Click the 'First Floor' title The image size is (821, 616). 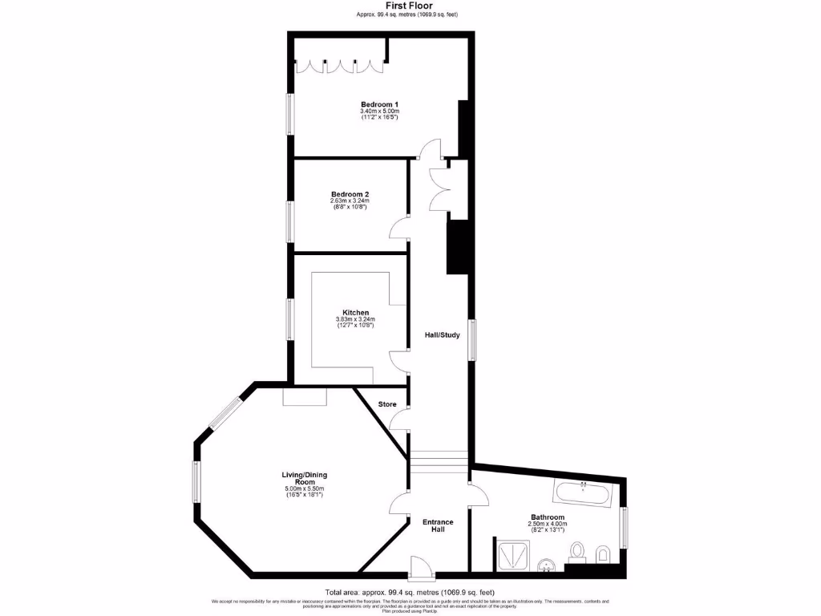[x=410, y=6]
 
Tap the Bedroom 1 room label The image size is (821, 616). [x=379, y=104]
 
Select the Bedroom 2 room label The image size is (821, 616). [x=350, y=194]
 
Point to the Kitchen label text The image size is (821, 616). [x=355, y=312]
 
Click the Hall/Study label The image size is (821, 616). [x=442, y=334]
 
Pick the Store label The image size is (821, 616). [x=387, y=403]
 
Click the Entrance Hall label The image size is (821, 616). [x=438, y=526]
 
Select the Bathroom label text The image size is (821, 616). [x=547, y=517]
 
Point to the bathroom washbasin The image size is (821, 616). [x=547, y=565]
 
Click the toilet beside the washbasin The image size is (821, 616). [x=576, y=551]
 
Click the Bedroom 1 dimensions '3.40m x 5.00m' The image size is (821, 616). [x=379, y=111]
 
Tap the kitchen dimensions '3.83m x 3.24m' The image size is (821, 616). [x=355, y=319]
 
